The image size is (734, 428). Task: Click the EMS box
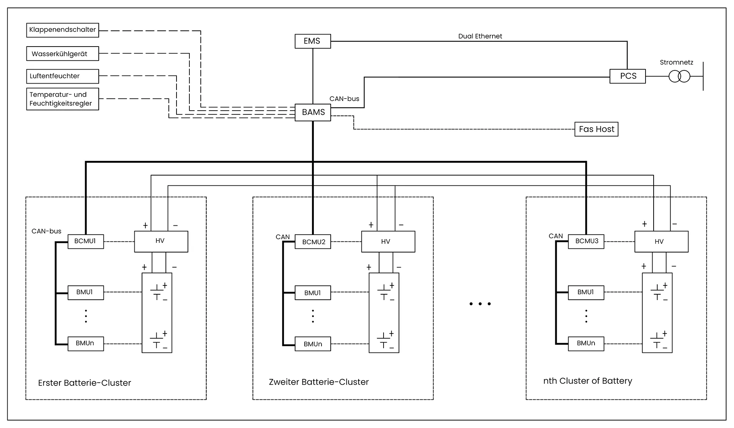313,41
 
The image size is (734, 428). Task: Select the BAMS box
313,112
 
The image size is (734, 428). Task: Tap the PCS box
628,76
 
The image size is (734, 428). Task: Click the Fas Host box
596,129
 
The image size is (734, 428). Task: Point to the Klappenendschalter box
62,30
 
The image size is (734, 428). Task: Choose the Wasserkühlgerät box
62,53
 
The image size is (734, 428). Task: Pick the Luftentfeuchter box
62,76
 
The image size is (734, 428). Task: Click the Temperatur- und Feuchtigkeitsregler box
62,99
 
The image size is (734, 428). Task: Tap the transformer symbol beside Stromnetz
679,77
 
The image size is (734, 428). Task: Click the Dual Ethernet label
480,36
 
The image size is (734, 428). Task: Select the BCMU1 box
86,241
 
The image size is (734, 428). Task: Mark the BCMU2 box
313,242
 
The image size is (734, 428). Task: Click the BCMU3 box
586,241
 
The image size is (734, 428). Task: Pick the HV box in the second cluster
388,241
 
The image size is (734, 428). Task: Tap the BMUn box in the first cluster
86,343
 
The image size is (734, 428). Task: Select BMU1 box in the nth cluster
586,292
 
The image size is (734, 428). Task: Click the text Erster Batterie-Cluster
84,383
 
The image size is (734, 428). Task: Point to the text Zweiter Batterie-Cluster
319,382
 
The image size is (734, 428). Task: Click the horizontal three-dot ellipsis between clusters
480,304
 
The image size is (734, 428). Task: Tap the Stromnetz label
676,62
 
